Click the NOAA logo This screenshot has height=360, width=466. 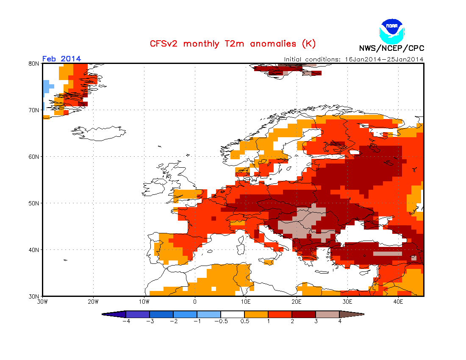(x=392, y=30)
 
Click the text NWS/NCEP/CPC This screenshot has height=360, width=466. (x=391, y=48)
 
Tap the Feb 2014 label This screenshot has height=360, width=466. (x=61, y=59)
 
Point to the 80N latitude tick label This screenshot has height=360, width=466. (x=34, y=64)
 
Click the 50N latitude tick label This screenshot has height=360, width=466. (x=34, y=203)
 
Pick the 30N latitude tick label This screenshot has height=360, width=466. (x=34, y=296)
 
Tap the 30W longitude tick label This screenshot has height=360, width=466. (x=42, y=302)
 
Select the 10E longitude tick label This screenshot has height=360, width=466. (x=245, y=302)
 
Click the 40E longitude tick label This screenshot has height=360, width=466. (x=398, y=302)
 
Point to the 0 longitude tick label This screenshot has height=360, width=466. (x=195, y=302)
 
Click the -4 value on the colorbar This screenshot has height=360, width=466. (x=126, y=321)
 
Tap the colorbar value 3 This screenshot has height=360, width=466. (x=316, y=321)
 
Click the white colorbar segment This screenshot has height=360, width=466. (x=233, y=314)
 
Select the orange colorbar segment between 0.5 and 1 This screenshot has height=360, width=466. (x=256, y=314)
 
